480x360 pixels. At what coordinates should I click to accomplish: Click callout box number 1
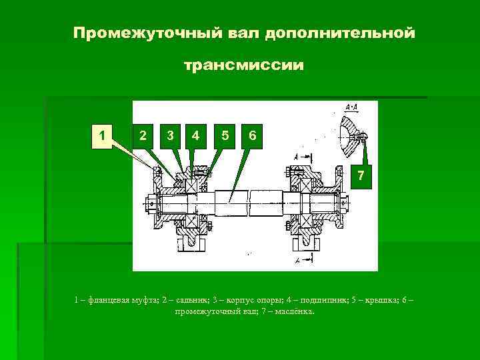point(101,135)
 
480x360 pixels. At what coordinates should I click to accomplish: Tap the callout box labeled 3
point(171,135)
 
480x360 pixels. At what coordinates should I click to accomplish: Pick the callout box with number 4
point(195,135)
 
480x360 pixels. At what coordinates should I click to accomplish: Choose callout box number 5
point(226,135)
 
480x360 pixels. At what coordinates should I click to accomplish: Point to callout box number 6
point(251,135)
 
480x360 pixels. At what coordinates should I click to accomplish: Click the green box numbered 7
point(361,175)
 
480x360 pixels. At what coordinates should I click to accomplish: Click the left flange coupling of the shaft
point(157,200)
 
